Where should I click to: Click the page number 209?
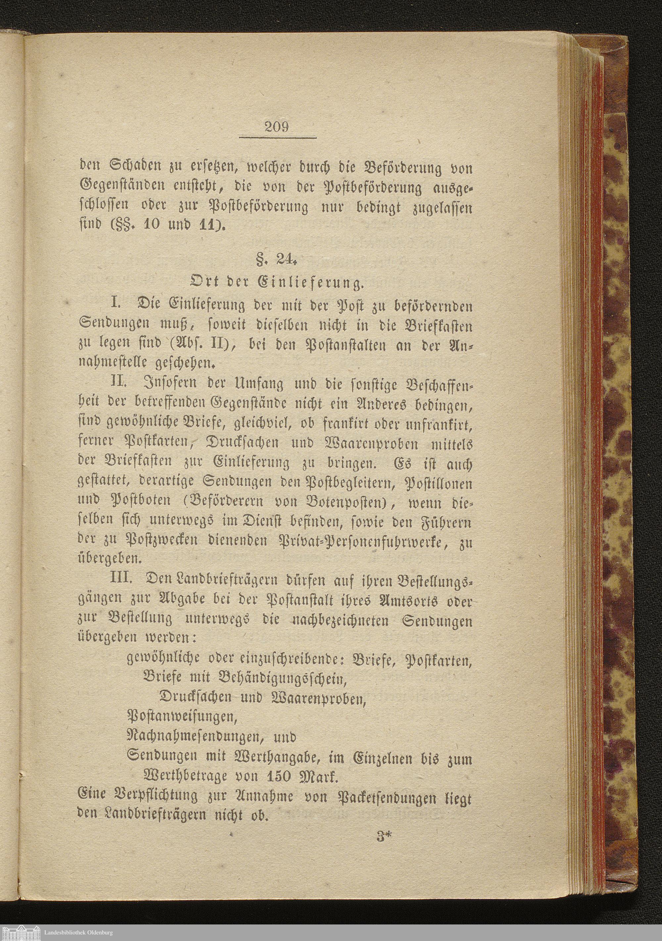(x=277, y=126)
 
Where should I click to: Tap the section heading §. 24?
(x=276, y=260)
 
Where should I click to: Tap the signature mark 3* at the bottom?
(x=384, y=834)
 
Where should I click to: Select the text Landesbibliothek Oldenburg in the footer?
(x=78, y=932)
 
